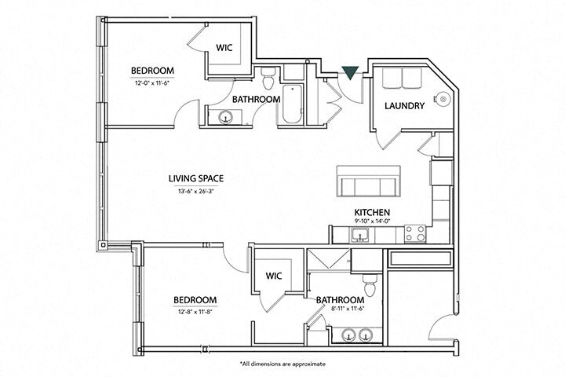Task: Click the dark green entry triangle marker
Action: [350, 72]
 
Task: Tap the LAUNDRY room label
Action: [404, 106]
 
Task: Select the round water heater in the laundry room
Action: [443, 100]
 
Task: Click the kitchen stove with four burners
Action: [416, 232]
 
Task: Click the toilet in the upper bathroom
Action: [269, 79]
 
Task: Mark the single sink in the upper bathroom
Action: [226, 119]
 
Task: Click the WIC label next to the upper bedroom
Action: [224, 48]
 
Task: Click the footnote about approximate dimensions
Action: [282, 364]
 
